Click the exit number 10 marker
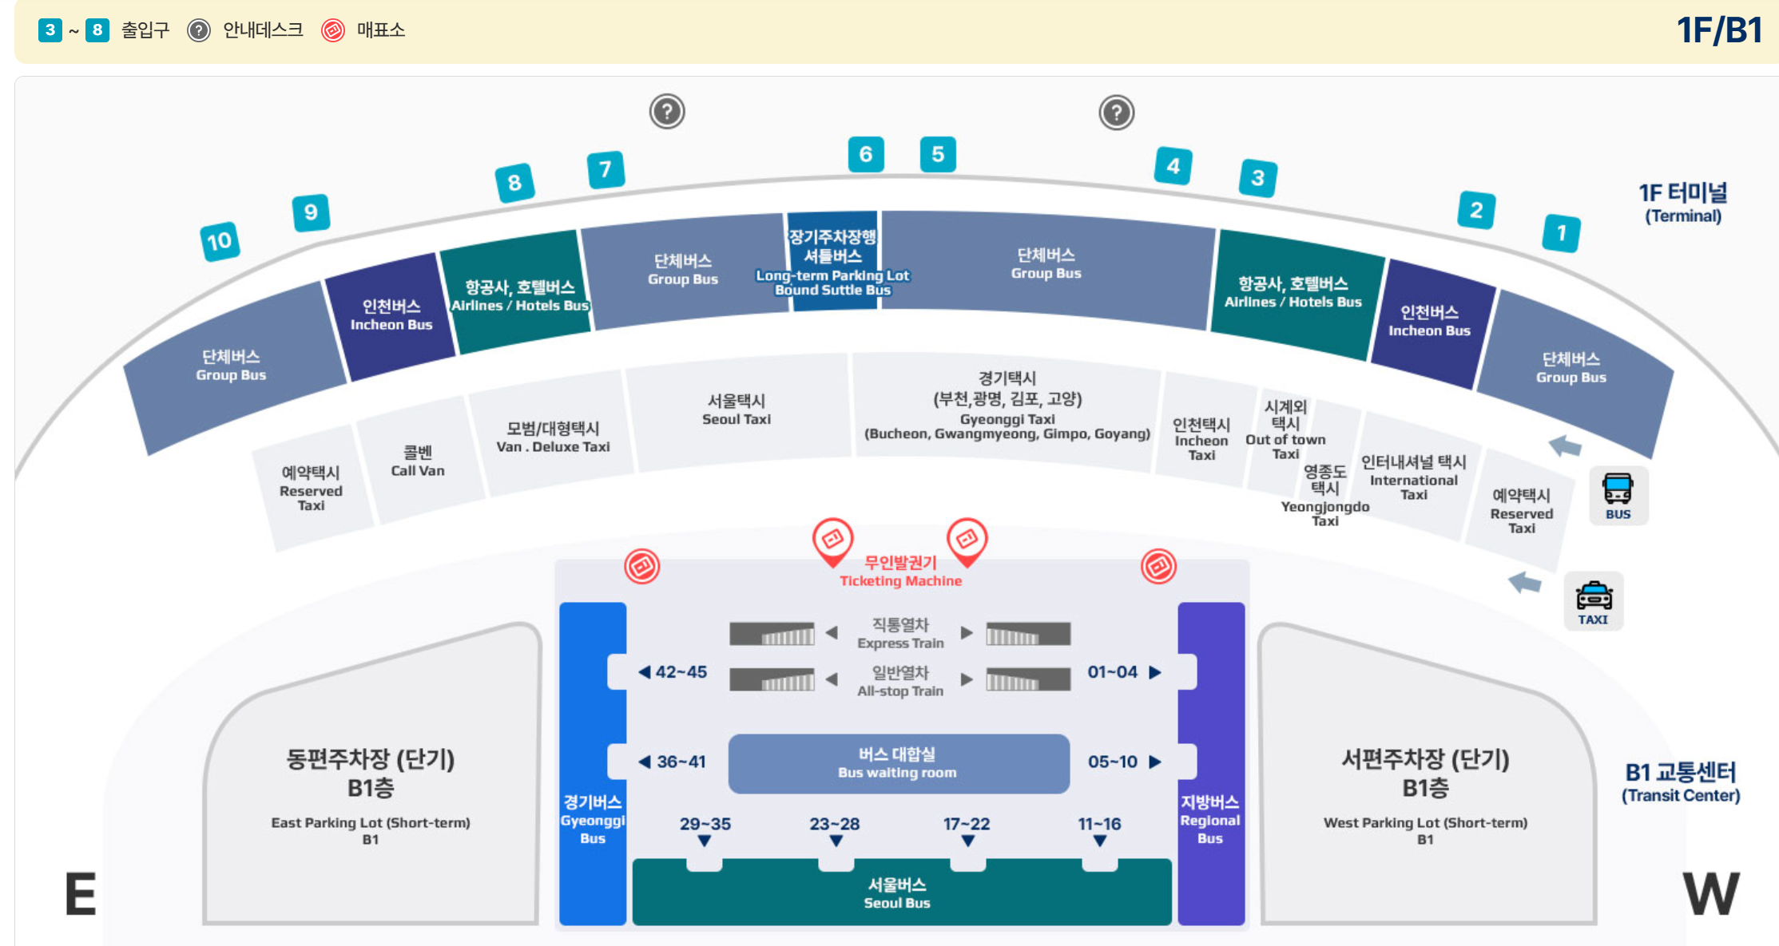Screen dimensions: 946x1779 coord(219,241)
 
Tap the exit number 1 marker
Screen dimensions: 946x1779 coord(1561,233)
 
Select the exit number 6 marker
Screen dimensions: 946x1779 coord(865,154)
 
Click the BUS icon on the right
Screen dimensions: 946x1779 coord(1618,495)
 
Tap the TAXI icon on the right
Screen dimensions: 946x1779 coord(1593,601)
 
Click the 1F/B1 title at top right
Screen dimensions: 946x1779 coord(1719,30)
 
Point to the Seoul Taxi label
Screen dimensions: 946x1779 coord(737,410)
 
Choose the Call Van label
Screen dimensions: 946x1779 coord(418,461)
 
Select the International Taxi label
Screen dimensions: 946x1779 coord(1413,477)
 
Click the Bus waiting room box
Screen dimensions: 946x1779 coord(898,763)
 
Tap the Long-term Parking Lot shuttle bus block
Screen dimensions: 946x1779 coord(832,262)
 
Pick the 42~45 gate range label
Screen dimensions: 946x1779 coord(680,672)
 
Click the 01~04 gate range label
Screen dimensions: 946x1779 coord(1113,672)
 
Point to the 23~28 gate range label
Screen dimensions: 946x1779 coord(835,824)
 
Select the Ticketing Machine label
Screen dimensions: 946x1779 coord(900,572)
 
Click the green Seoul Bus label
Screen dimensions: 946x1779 coord(897,893)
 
